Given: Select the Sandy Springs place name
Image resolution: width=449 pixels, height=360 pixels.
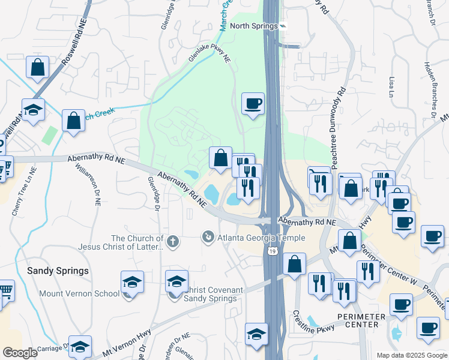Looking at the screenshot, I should coord(58,271).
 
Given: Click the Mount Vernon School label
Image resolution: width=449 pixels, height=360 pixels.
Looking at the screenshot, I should coord(79,294).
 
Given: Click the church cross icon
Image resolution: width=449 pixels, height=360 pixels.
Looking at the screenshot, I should coord(173,242).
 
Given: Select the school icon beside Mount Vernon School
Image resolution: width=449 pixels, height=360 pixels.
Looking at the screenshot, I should coord(132,281).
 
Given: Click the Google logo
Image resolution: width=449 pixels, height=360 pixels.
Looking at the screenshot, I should coord(20,353).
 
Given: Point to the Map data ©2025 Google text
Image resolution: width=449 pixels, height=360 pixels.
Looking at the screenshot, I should coord(411,355).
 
